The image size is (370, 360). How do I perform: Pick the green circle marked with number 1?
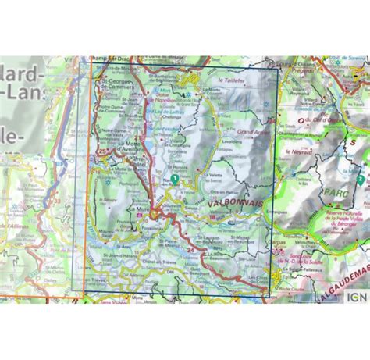tap(176, 179)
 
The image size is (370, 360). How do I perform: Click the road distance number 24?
tap(190, 249)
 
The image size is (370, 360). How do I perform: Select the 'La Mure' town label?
tap(141, 209)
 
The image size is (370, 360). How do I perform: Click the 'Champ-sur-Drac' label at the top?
tap(110, 59)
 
